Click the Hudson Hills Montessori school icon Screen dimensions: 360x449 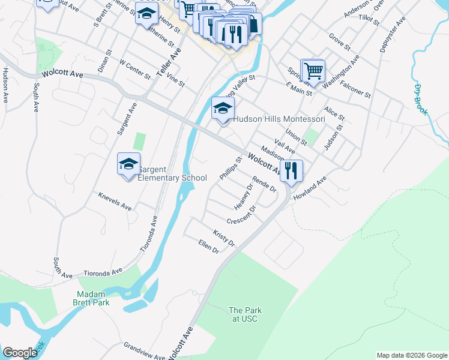pyautogui.click(x=223, y=109)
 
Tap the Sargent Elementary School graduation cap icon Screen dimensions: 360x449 pyautogui.click(x=128, y=164)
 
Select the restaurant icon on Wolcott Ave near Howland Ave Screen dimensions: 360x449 pyautogui.click(x=291, y=170)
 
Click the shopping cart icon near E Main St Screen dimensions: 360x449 pyautogui.click(x=313, y=70)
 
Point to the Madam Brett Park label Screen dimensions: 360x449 pyautogui.click(x=92, y=298)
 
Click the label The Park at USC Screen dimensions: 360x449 pyautogui.click(x=243, y=314)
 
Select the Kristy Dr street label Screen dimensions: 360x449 pyautogui.click(x=224, y=236)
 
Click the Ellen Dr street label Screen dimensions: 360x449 pyautogui.click(x=208, y=246)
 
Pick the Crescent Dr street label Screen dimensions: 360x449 pyautogui.click(x=241, y=215)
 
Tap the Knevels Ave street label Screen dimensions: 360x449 pyautogui.click(x=115, y=202)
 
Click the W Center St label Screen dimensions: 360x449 pyautogui.click(x=135, y=69)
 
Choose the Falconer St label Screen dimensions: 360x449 pyautogui.click(x=355, y=91)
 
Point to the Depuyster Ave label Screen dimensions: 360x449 pyautogui.click(x=393, y=35)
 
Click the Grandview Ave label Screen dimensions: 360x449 pyautogui.click(x=144, y=350)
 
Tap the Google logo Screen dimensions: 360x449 pyautogui.click(x=20, y=353)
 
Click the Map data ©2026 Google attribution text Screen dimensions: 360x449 pyautogui.click(x=411, y=355)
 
